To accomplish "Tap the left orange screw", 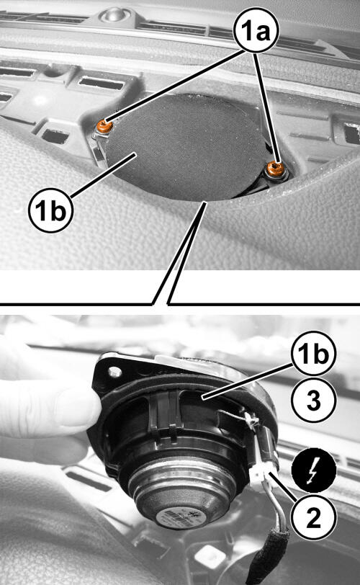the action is [104, 126].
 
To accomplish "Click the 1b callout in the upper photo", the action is [50, 210].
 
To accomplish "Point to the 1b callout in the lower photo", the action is [314, 353].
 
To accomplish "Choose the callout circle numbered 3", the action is [314, 400].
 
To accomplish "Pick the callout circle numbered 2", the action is [314, 517].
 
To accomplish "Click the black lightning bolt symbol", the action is [314, 470].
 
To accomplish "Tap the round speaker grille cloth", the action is [184, 148].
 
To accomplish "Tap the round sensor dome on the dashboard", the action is [114, 14].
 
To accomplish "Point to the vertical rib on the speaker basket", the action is [162, 411].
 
